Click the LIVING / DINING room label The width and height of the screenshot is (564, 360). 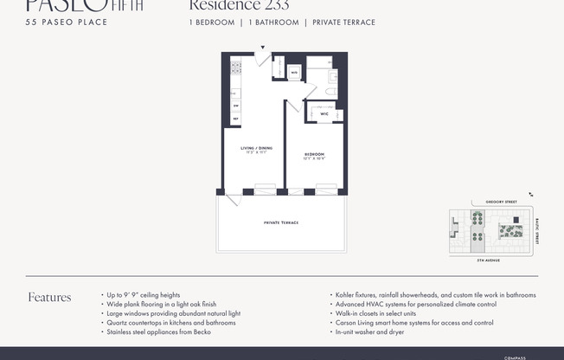254,150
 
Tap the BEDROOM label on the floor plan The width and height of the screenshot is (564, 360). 314,157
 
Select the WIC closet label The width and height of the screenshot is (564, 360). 324,113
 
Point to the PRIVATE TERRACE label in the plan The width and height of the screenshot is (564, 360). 281,222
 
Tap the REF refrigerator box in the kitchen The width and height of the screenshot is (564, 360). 235,119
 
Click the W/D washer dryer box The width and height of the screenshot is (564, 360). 294,72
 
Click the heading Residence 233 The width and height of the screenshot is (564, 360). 239,6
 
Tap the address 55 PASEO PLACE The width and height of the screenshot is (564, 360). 67,22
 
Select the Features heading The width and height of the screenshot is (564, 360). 49,298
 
